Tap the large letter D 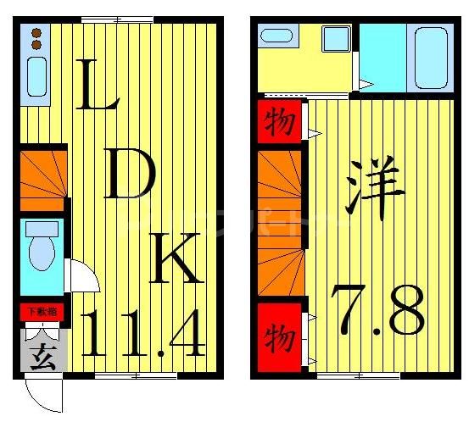131,175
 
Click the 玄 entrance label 39,355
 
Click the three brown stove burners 36,37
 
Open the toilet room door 79,276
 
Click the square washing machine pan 336,38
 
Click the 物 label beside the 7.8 280,336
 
